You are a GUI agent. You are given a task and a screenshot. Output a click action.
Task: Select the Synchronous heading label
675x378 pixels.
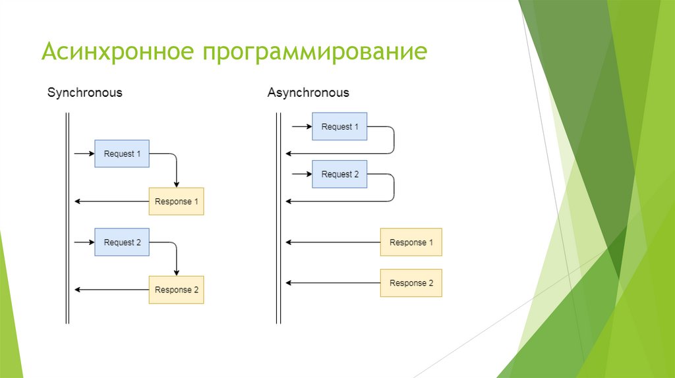click(84, 93)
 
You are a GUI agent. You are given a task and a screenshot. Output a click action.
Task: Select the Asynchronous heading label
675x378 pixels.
click(308, 93)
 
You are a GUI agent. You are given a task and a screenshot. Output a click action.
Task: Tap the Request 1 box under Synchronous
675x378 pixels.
click(122, 154)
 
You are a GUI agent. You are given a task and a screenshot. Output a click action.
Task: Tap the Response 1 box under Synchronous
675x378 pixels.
click(176, 202)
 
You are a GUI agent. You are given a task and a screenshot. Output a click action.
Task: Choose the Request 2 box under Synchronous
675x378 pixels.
click(122, 242)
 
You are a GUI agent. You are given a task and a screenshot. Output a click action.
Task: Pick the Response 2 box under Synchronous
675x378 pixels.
click(176, 290)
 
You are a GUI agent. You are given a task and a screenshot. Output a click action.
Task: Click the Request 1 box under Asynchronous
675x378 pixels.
click(339, 126)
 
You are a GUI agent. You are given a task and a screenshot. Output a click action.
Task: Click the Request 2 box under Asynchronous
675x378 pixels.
click(339, 175)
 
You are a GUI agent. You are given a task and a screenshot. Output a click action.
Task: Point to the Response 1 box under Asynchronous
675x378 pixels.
click(411, 242)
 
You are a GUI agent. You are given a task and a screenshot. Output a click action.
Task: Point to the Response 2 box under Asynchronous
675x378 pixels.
click(411, 283)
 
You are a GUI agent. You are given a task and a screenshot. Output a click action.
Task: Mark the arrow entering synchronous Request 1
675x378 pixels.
click(84, 154)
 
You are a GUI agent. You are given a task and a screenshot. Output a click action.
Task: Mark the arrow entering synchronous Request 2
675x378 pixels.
click(84, 242)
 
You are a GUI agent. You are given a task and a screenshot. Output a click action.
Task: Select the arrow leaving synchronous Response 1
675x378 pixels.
click(111, 202)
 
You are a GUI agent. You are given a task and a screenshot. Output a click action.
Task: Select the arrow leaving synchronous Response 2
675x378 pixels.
click(111, 290)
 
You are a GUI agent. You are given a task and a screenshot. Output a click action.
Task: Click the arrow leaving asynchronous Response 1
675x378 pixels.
click(332, 242)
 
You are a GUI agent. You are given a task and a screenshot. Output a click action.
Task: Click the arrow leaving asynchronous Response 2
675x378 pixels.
click(332, 283)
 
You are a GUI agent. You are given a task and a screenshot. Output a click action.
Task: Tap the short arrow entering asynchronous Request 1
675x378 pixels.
click(302, 126)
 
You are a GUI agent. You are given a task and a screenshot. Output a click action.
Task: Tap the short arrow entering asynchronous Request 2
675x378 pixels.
click(302, 175)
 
